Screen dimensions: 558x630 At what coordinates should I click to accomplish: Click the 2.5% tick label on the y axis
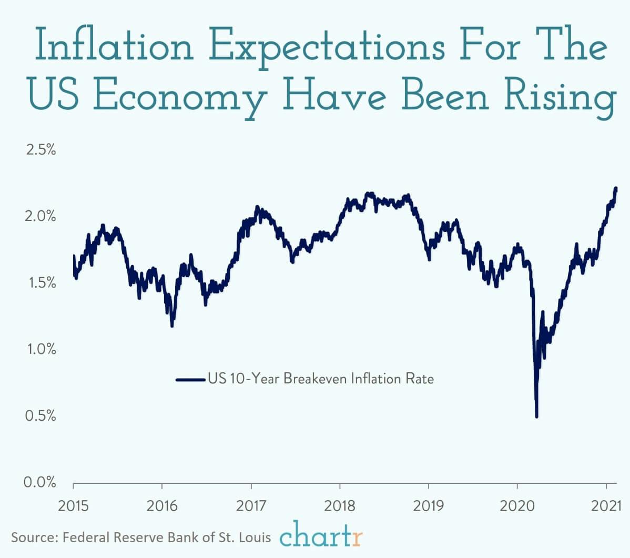41,149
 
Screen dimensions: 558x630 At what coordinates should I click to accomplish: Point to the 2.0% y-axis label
41,216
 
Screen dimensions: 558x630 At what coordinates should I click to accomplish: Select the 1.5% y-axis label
41,283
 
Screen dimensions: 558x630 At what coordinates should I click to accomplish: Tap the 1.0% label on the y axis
41,349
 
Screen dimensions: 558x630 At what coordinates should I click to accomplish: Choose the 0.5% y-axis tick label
41,416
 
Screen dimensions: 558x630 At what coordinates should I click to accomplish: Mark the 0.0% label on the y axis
41,482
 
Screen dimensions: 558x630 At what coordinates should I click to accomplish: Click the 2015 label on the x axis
73,506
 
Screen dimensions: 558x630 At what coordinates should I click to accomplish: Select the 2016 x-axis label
162,506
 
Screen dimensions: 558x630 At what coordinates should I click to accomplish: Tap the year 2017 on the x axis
251,506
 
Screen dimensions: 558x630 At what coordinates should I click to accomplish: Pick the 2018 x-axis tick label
340,506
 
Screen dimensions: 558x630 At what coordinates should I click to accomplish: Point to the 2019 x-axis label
429,506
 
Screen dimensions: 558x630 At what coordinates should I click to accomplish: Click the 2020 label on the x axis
517,506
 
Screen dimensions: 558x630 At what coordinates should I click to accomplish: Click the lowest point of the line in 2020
536,416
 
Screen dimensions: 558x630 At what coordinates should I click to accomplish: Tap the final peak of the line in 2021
615,188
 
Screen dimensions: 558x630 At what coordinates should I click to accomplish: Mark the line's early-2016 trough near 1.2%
172,326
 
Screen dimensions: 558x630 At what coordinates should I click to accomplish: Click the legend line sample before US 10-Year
190,379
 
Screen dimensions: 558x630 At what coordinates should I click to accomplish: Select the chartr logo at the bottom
321,536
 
